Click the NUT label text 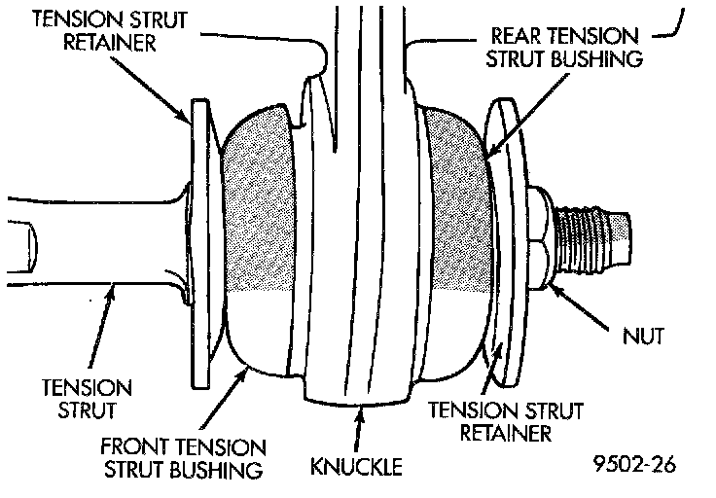pos(643,336)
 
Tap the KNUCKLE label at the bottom pos(356,466)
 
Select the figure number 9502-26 pos(634,464)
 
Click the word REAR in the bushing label pos(516,36)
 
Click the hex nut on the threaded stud pos(541,238)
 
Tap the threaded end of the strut pos(592,238)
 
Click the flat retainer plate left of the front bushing pos(200,244)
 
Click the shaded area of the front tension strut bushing pos(259,200)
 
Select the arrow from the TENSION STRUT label pos(100,326)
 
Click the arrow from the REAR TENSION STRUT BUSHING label pos(527,117)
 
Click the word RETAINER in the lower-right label pos(506,432)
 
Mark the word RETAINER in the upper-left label pos(110,42)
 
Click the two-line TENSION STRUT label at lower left pos(87,399)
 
